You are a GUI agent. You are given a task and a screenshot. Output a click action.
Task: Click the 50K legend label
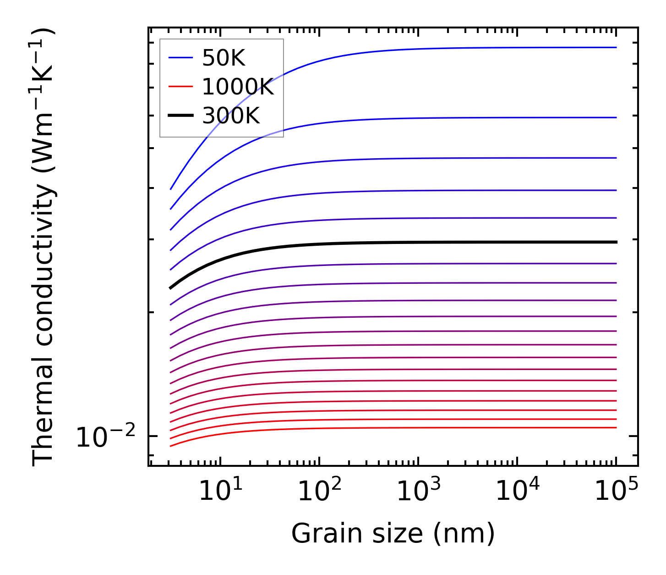pyautogui.click(x=224, y=58)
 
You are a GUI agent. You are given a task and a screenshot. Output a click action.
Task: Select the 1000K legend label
pyautogui.click(x=238, y=87)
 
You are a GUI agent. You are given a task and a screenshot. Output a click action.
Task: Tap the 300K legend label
pyautogui.click(x=231, y=116)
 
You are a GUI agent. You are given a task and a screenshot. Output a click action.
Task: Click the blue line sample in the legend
pyautogui.click(x=180, y=58)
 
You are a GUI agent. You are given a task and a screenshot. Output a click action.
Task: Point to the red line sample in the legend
pyautogui.click(x=180, y=87)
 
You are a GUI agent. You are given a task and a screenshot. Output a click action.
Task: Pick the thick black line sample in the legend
pyautogui.click(x=180, y=116)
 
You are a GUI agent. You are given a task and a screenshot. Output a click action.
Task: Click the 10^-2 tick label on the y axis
pyautogui.click(x=105, y=438)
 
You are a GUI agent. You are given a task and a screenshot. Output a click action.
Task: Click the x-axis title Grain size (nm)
pyautogui.click(x=393, y=534)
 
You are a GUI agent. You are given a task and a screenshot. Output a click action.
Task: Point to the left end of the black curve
pyautogui.click(x=170, y=288)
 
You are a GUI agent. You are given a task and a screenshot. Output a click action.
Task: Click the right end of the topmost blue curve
pyautogui.click(x=616, y=47)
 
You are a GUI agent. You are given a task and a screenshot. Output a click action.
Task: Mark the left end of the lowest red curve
pyautogui.click(x=170, y=446)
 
